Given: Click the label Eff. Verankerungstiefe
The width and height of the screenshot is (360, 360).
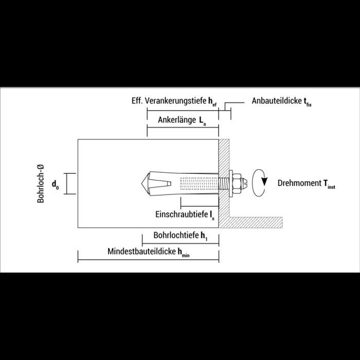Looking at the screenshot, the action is [169, 101].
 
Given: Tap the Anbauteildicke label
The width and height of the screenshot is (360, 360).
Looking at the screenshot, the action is [277, 101].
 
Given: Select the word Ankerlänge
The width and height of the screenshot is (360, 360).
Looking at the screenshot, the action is [177, 120].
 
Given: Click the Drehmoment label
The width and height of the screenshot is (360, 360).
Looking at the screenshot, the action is [300, 183].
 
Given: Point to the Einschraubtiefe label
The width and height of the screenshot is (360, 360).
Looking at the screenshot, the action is [182, 214].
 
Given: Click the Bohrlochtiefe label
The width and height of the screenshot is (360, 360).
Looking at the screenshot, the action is [176, 236].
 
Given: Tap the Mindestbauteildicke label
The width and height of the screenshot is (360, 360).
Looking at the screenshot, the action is [141, 251].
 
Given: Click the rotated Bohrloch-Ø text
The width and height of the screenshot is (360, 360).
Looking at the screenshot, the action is [41, 184].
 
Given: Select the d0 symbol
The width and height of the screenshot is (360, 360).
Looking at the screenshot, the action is [56, 184].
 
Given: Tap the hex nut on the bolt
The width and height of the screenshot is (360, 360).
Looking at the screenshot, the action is [237, 184].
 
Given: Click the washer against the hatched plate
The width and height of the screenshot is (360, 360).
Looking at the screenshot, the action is [231, 184].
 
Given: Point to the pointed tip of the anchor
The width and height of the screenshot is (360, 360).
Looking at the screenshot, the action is [141, 184].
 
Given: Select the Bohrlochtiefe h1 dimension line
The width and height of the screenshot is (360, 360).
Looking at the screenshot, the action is [181, 243].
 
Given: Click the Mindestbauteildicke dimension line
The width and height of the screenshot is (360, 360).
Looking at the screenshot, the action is [148, 260].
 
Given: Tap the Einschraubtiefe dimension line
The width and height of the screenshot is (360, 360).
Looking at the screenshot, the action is [200, 206].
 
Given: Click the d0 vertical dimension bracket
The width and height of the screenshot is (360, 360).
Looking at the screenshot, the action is [66, 184].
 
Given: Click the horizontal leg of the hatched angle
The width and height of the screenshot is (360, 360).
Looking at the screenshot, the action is [256, 223].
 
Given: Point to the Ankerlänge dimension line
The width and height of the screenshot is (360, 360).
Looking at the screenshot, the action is [183, 128].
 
